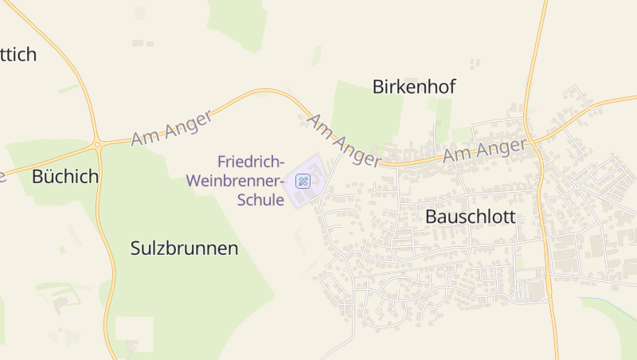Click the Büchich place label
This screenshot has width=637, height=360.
tap(65, 177)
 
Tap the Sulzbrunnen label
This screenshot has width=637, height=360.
tap(184, 248)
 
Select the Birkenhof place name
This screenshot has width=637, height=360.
tap(414, 87)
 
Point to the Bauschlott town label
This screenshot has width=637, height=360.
tap(471, 217)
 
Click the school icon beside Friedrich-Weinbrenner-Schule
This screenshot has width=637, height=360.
tap(303, 181)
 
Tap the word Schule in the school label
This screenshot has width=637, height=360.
tap(260, 200)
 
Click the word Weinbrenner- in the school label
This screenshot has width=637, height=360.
tap(235, 181)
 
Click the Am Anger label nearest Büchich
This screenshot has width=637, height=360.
tap(172, 127)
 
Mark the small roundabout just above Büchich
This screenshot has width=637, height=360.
tap(97, 144)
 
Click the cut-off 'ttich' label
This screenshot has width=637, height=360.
tap(18, 55)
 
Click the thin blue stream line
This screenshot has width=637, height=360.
tap(609, 306)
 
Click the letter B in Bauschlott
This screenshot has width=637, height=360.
tap(432, 217)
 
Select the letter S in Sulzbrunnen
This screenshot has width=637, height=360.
tap(135, 248)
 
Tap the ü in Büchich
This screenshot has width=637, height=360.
tap(48, 177)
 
